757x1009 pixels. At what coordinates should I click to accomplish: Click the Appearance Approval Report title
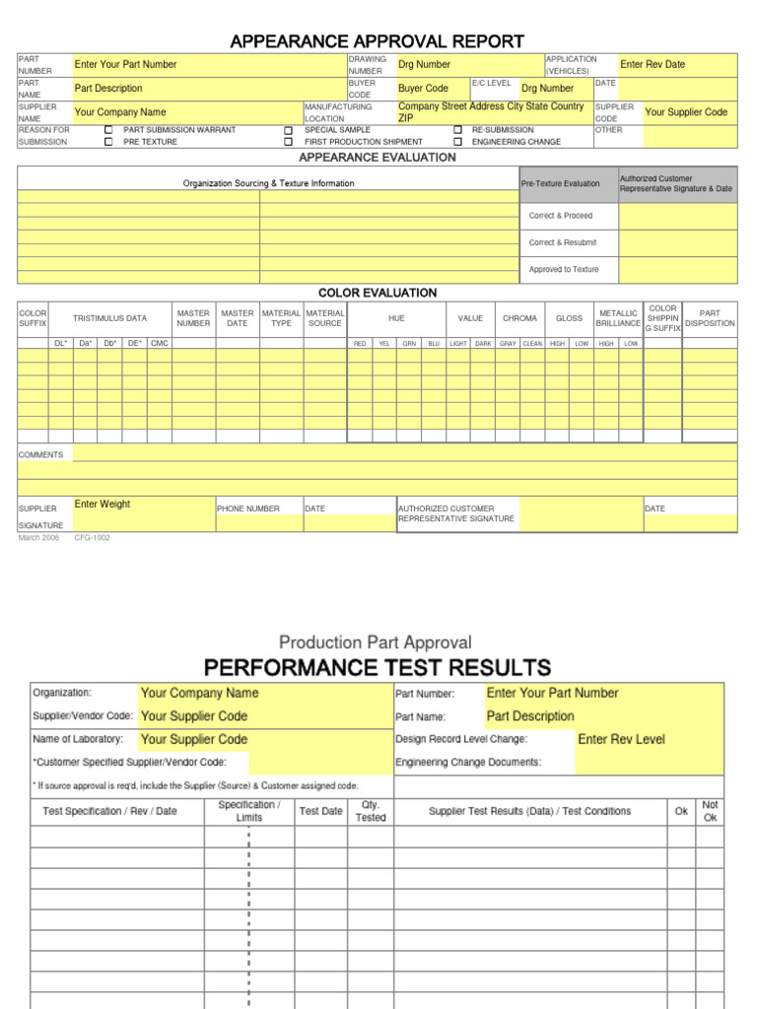(x=378, y=40)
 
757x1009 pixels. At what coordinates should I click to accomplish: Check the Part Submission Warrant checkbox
(x=108, y=130)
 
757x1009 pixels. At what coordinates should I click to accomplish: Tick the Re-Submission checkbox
(x=457, y=130)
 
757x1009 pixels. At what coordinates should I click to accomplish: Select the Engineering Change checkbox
(x=457, y=142)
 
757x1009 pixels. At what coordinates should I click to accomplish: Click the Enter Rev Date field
(x=653, y=64)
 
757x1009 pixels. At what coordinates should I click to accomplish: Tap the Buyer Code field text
(x=423, y=89)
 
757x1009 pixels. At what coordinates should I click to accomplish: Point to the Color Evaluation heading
(x=378, y=293)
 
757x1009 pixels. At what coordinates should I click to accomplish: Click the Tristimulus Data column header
(x=109, y=318)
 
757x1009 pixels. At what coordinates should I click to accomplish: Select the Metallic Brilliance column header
(x=618, y=318)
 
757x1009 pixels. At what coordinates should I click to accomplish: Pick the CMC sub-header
(x=160, y=343)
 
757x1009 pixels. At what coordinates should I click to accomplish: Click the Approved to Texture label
(x=563, y=269)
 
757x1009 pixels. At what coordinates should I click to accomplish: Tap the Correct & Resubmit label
(x=562, y=242)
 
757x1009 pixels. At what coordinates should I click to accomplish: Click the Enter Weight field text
(x=103, y=504)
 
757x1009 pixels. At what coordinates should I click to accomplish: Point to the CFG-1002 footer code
(x=93, y=538)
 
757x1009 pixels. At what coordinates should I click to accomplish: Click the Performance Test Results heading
(x=378, y=668)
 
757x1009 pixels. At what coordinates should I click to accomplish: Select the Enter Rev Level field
(x=621, y=739)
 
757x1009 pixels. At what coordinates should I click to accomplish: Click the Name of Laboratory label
(x=79, y=739)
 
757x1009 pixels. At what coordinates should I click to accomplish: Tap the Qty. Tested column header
(x=371, y=811)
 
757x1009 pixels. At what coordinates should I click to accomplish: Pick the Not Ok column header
(x=710, y=811)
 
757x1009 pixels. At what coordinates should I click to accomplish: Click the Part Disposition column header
(x=710, y=318)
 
